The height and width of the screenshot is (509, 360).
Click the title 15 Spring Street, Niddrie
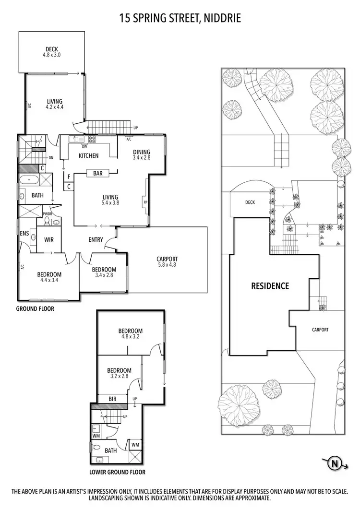coord(180,19)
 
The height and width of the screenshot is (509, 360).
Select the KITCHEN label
coord(88,156)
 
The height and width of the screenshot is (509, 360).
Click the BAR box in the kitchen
coord(97,173)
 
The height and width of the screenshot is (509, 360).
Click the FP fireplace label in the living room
coord(145,202)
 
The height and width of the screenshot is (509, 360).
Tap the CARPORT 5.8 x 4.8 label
coord(167,262)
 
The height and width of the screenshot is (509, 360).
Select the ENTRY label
coord(96,240)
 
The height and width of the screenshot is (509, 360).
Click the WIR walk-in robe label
coord(49,239)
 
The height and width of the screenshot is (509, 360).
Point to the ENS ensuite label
coord(24,233)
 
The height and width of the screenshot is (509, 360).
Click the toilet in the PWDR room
coord(47,221)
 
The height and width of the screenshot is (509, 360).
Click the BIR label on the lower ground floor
coord(113,398)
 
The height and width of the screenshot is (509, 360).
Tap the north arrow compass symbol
coord(335,463)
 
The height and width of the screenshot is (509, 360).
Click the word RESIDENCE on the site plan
coord(270,286)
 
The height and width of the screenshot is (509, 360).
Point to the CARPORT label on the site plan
coord(320,330)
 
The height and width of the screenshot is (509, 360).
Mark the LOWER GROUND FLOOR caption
coord(118,472)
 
